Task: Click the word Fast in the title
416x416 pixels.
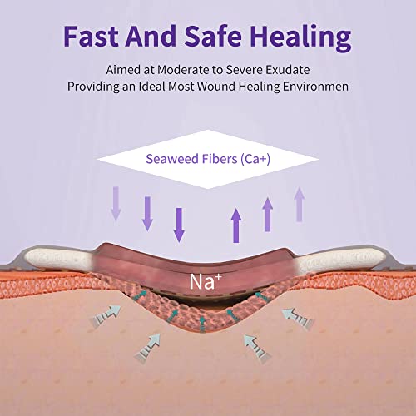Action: coord(92,36)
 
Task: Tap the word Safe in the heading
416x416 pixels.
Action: coord(213,36)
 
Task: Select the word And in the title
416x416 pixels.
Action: coord(151,36)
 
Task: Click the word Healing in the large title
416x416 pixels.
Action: coord(300,38)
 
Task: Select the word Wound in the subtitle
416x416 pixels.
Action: coord(216,87)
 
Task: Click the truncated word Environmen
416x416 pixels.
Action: coord(315,87)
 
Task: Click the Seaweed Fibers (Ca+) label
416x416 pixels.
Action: coord(208,159)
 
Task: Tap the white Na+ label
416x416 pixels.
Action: coord(206,281)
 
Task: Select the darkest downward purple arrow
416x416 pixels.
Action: coord(179,225)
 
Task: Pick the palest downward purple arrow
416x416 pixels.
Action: coord(116,204)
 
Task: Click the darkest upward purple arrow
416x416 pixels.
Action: coord(236,225)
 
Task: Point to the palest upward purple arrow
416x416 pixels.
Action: coord(300,205)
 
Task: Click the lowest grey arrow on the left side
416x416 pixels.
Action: coord(147,349)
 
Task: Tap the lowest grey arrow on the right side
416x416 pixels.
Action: coord(258,349)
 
